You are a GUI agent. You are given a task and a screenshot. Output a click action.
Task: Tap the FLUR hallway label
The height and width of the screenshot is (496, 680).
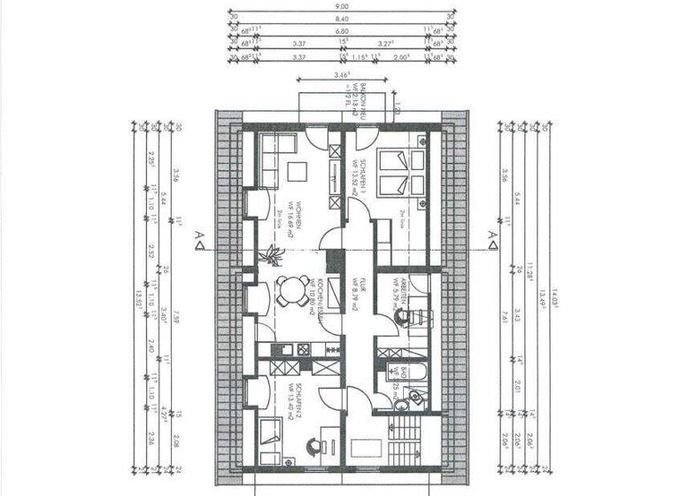(x=356, y=290)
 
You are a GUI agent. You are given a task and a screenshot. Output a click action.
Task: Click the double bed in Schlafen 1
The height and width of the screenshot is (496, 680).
(x=394, y=174)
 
